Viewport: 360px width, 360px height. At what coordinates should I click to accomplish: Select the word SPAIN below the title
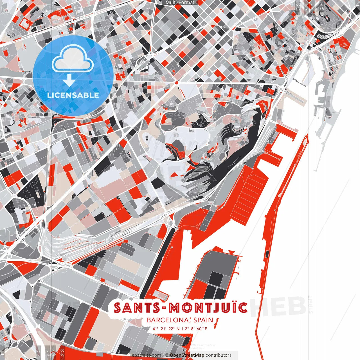(203, 320)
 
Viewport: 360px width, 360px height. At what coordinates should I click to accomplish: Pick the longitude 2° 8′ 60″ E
(196, 328)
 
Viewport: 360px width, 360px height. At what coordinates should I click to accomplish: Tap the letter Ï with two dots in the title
(234, 307)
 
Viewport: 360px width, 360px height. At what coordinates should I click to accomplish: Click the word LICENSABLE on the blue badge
(73, 95)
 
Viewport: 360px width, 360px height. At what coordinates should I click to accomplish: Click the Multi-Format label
(180, 3)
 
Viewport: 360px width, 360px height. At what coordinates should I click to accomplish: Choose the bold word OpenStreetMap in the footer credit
(187, 355)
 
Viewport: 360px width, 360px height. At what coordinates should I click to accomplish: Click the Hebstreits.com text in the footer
(145, 355)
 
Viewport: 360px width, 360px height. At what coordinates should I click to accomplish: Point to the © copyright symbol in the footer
(167, 355)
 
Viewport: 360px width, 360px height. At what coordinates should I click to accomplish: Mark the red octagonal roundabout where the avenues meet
(177, 83)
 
